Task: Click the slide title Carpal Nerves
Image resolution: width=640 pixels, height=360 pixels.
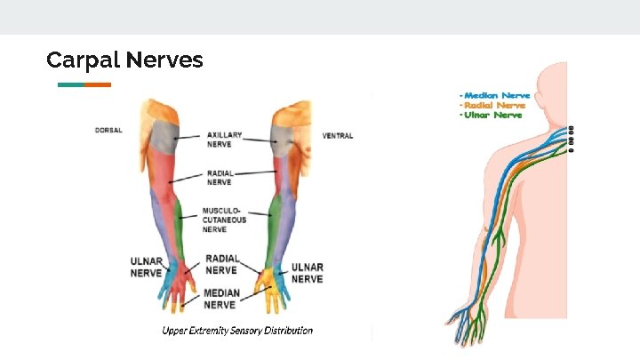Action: click(124, 60)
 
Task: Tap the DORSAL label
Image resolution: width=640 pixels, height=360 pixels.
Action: click(108, 131)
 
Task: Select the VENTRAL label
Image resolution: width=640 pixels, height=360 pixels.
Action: click(337, 136)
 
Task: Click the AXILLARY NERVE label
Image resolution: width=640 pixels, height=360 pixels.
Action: click(226, 139)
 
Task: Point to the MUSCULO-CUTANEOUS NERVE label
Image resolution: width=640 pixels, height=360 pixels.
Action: click(224, 220)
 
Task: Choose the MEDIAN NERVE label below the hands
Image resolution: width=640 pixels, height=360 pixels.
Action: click(221, 298)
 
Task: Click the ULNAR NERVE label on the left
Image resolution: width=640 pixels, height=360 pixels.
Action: click(147, 268)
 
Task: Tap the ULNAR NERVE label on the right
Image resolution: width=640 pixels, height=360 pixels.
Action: click(308, 273)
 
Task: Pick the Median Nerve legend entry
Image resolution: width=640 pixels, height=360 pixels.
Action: click(497, 95)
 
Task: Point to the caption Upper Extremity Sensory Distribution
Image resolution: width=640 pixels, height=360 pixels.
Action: click(237, 331)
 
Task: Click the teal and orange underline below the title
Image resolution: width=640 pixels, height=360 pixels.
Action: click(84, 84)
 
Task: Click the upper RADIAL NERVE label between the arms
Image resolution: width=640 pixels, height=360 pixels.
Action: click(220, 177)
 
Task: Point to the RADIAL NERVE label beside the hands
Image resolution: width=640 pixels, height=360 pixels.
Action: click(221, 263)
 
